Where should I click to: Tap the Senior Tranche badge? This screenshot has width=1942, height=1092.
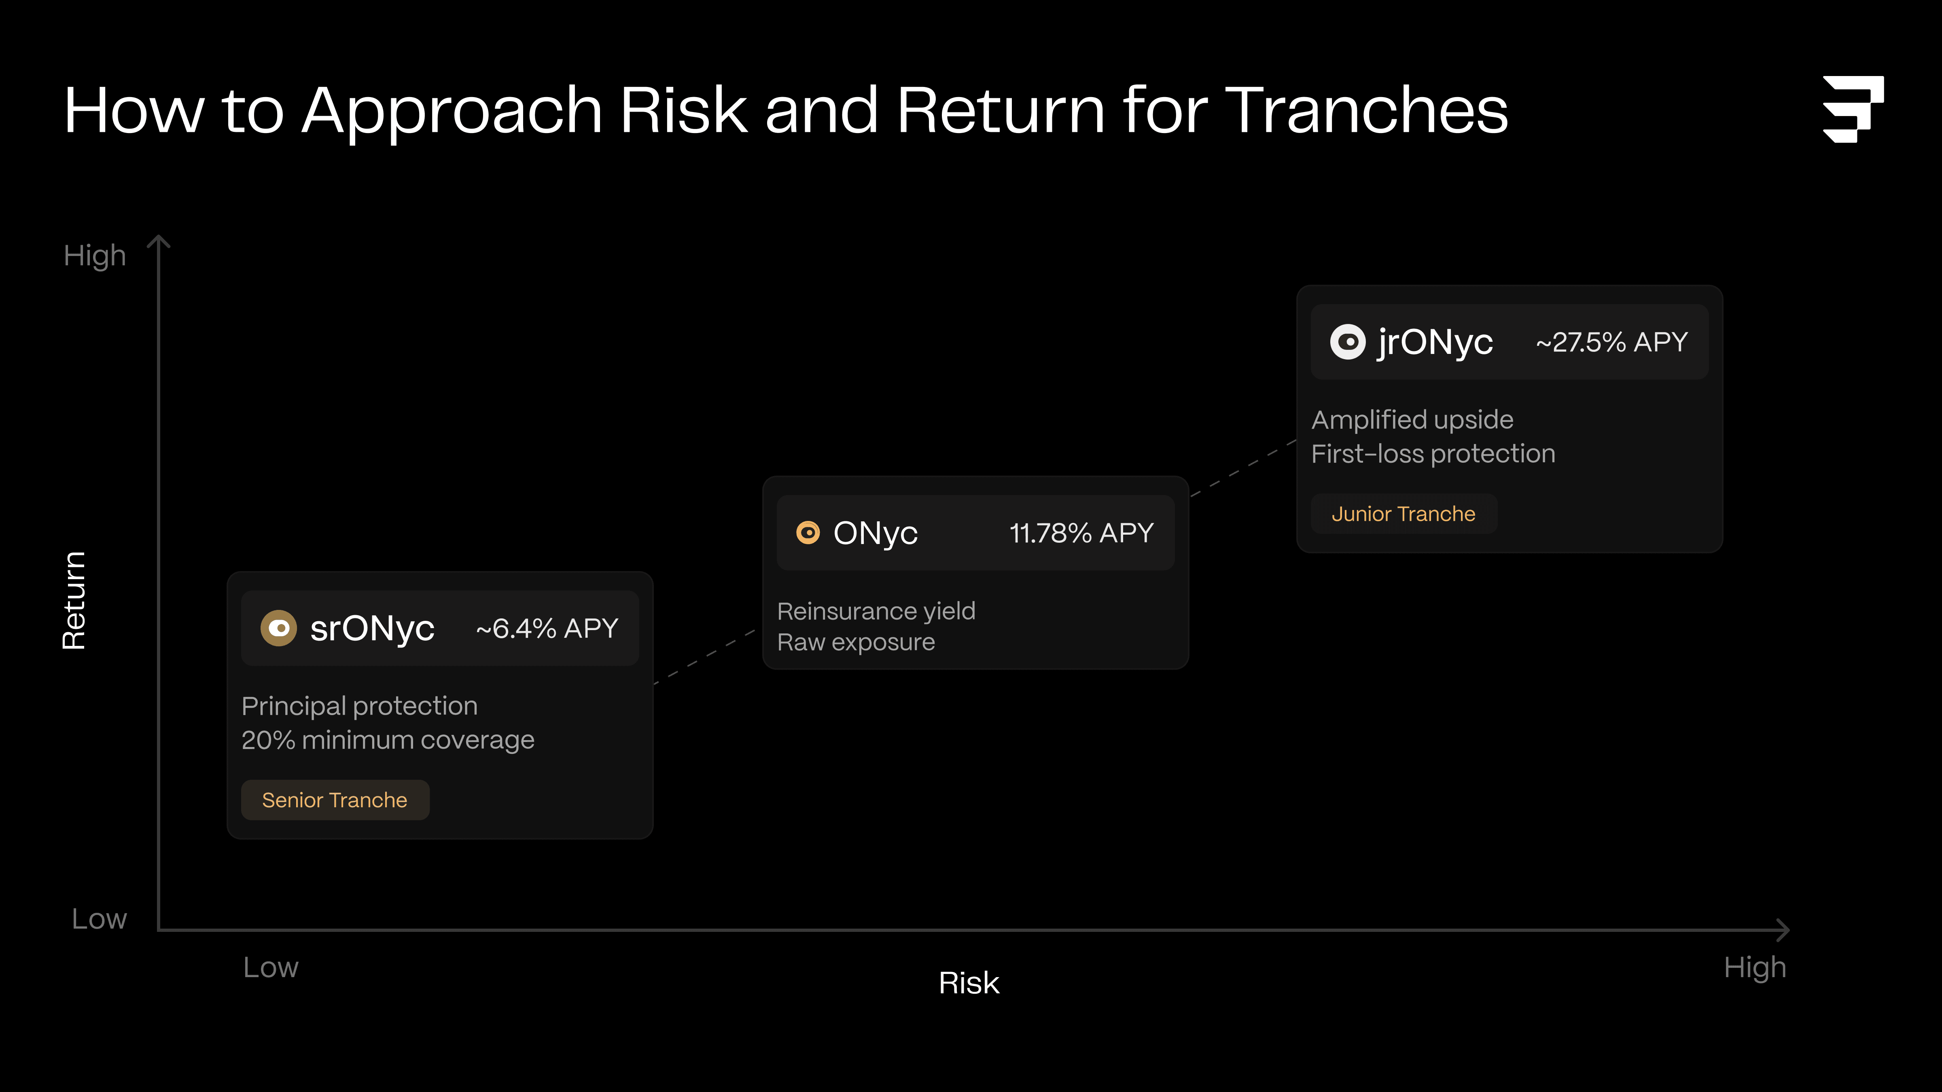click(x=335, y=800)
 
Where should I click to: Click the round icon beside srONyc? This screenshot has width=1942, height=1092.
click(x=278, y=628)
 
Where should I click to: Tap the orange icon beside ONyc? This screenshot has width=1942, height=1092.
click(x=808, y=533)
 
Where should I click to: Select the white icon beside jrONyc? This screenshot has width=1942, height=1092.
click(x=1347, y=342)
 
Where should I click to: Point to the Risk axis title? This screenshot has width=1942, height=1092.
click(x=969, y=983)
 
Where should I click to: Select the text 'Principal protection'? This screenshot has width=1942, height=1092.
click(x=360, y=706)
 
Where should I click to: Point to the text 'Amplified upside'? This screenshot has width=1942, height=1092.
click(x=1412, y=420)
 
